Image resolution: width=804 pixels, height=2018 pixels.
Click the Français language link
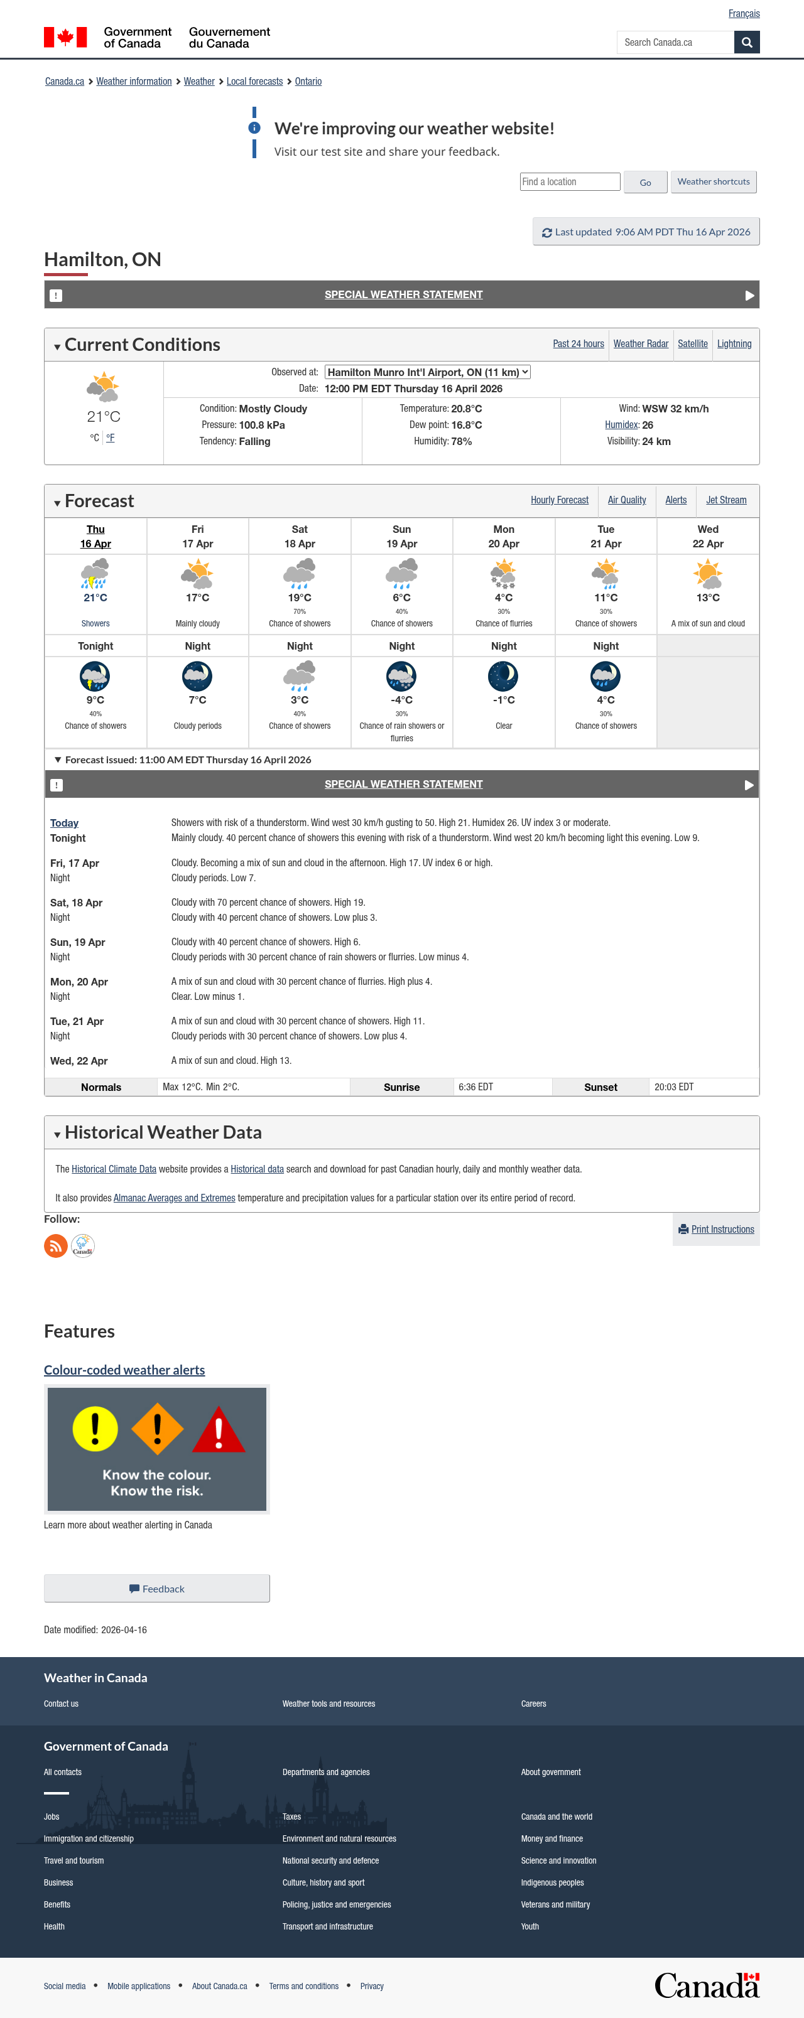tap(743, 13)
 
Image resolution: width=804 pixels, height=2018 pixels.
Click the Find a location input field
tap(570, 182)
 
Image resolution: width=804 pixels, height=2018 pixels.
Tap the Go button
tap(645, 183)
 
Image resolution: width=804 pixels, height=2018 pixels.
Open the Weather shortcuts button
tap(713, 182)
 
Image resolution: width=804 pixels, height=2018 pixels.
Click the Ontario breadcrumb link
tap(308, 82)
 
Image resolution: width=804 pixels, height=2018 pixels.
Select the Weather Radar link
tap(640, 344)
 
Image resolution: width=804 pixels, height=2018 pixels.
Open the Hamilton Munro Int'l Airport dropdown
tap(427, 372)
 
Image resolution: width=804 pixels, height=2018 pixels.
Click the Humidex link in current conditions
tap(621, 424)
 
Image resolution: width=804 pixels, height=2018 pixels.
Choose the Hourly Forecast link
tap(559, 500)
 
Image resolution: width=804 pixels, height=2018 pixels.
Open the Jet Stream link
tap(725, 500)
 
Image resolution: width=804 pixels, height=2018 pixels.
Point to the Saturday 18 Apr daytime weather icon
tap(300, 574)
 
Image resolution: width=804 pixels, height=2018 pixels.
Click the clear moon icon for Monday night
tap(503, 675)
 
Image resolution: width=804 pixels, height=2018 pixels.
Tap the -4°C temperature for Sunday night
tap(401, 700)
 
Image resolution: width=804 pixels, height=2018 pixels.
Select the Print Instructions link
tap(722, 1229)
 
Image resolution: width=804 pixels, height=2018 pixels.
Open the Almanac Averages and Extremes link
tap(174, 1198)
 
